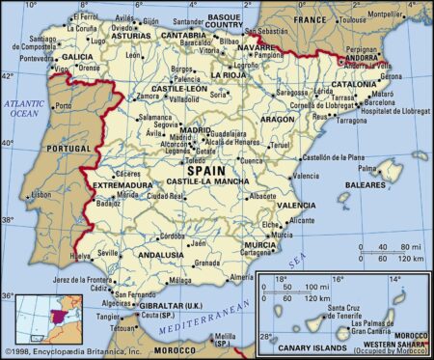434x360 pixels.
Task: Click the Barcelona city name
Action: coord(382,101)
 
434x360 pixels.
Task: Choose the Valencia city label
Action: coord(306,177)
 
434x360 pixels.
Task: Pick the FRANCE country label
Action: coord(312,18)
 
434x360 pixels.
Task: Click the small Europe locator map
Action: coord(41,318)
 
